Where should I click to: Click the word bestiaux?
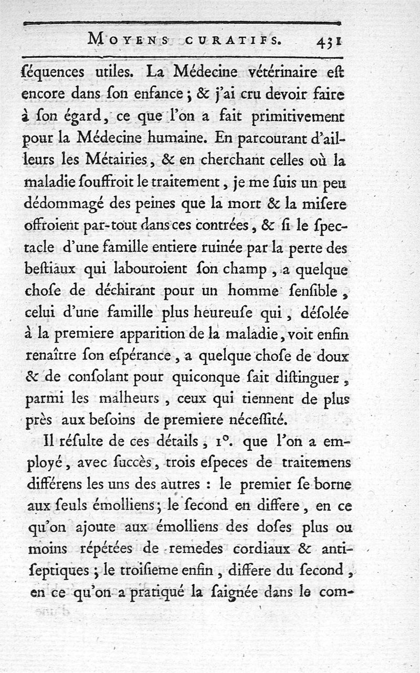click(52, 270)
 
